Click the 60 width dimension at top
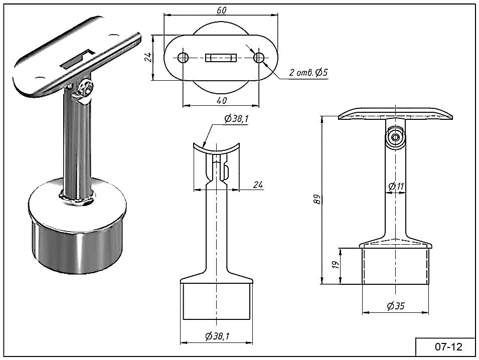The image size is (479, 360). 222,10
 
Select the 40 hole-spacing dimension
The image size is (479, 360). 222,100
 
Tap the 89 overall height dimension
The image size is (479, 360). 317,199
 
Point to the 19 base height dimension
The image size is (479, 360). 336,265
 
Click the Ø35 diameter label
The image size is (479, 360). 396,306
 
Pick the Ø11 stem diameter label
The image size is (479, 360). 396,186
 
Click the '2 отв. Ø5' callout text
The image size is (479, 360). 308,73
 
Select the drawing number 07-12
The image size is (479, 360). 448,346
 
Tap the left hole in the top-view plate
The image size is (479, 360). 183,57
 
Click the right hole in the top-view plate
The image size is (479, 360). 259,57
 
